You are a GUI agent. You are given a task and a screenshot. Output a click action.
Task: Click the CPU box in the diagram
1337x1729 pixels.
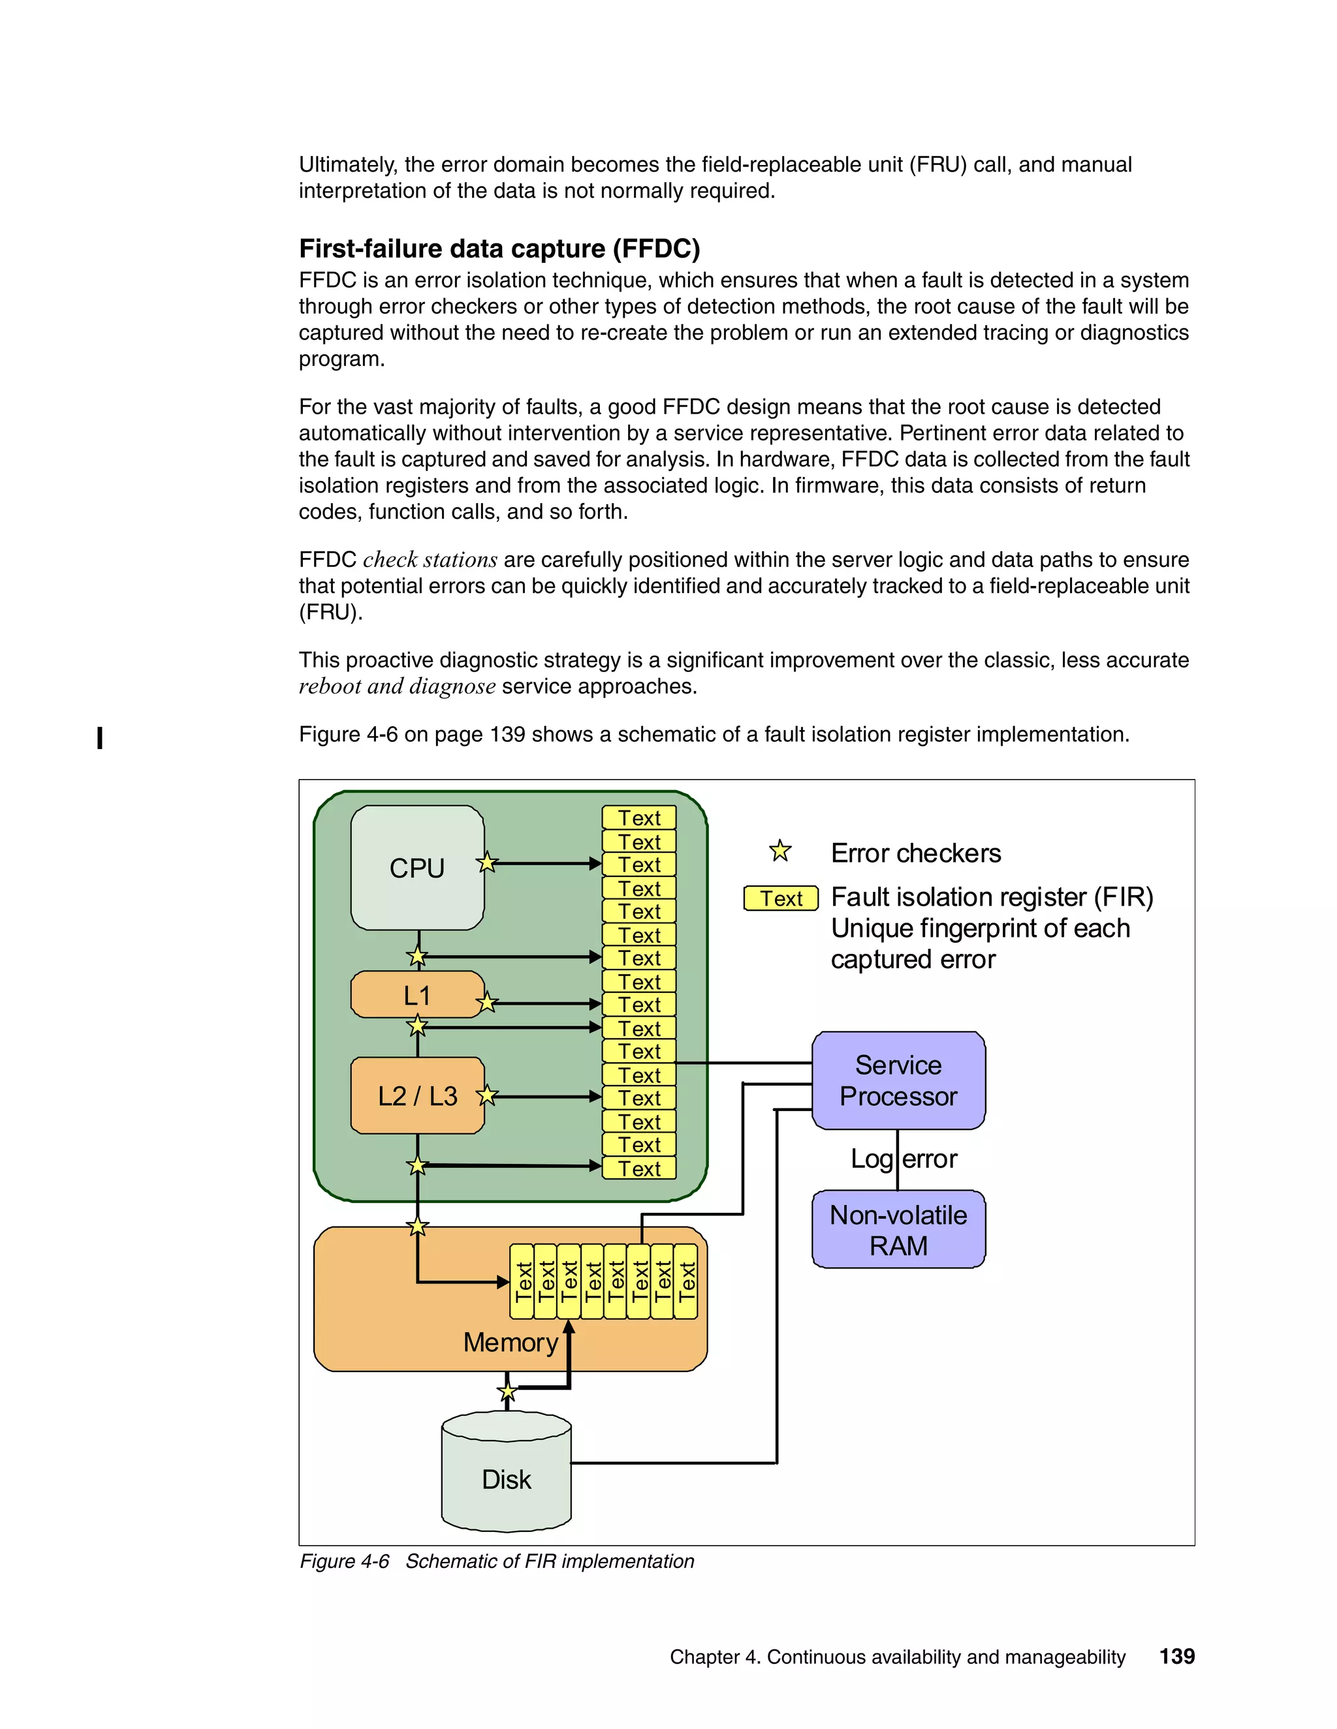point(417,868)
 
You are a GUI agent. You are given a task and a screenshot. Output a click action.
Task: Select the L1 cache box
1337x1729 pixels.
point(417,995)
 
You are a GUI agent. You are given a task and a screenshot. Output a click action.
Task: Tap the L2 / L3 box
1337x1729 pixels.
point(417,1095)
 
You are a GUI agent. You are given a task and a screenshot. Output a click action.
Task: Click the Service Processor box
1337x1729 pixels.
point(898,1080)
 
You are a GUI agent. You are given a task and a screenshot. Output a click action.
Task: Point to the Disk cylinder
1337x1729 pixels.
point(506,1479)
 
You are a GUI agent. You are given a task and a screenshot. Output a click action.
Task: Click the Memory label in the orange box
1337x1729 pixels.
point(511,1343)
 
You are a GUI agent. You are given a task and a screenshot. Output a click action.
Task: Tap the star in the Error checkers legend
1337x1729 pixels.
point(780,851)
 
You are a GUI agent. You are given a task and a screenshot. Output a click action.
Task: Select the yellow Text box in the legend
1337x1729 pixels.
point(781,898)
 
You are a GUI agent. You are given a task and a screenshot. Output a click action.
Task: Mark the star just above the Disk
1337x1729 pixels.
point(507,1392)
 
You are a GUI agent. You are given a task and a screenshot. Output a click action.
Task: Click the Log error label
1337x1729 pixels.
point(904,1159)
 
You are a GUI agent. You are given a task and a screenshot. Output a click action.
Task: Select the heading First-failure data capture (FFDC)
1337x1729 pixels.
point(499,249)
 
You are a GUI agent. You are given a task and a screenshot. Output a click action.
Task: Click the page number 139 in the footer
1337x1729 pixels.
point(1177,1656)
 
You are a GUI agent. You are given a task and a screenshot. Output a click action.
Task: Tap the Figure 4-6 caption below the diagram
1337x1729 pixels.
point(497,1561)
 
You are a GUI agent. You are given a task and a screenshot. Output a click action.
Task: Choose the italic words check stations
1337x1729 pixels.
point(430,560)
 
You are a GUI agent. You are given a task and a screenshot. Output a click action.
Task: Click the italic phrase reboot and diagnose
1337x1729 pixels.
point(397,686)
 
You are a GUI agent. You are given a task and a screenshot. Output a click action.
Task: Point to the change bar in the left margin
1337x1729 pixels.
point(100,738)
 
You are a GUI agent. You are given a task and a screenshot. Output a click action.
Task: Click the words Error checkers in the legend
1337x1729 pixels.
point(916,853)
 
